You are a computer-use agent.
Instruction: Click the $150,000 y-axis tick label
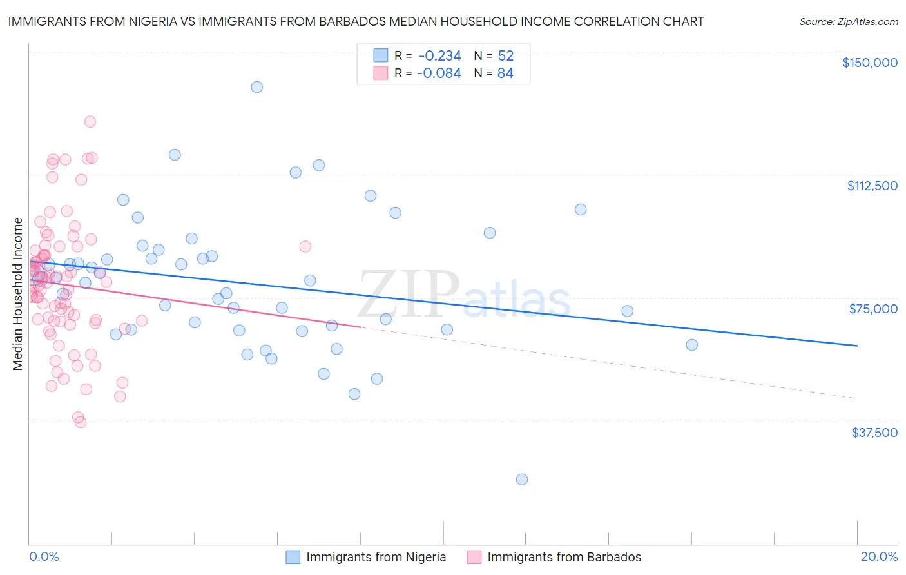[x=869, y=63]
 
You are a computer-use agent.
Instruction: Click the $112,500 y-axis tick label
[x=872, y=186]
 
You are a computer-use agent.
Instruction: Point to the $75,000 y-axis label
[x=873, y=309]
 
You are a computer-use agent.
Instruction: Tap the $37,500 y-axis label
[x=874, y=433]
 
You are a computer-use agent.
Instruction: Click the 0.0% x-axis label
[x=44, y=557]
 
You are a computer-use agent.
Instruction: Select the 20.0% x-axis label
[x=879, y=557]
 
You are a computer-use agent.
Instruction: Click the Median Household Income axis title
[x=18, y=294]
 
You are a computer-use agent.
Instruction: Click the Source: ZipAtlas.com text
[x=848, y=21]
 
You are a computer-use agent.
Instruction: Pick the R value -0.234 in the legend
[x=439, y=56]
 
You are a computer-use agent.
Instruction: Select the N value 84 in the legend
[x=505, y=73]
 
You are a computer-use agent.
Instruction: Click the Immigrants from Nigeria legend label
[x=376, y=557]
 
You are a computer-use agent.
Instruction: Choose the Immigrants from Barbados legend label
[x=564, y=557]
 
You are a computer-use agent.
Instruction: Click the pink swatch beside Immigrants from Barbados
[x=474, y=557]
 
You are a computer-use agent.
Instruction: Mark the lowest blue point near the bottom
[x=522, y=480]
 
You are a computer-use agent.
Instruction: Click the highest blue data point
[x=256, y=87]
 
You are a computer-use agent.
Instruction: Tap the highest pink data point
[x=90, y=122]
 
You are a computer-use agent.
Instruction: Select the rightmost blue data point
[x=691, y=345]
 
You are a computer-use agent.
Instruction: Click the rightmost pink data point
[x=305, y=247]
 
